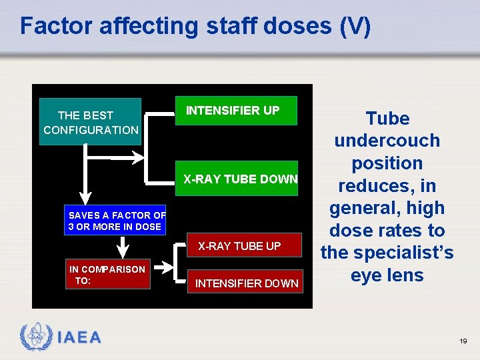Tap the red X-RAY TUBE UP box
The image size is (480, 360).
coord(239,246)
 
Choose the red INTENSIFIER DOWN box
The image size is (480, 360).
coord(246,283)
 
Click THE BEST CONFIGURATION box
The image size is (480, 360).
coord(90,121)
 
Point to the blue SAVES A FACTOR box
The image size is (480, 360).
coord(116,221)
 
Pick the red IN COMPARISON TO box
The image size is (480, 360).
coord(108,275)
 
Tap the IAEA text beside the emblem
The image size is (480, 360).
coord(79,338)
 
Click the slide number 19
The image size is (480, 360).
coord(463,341)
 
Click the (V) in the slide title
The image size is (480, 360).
coord(355,26)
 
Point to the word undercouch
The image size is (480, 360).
coord(387,141)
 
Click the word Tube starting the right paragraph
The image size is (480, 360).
coord(387,119)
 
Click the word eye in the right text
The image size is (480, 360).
coord(366,275)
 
